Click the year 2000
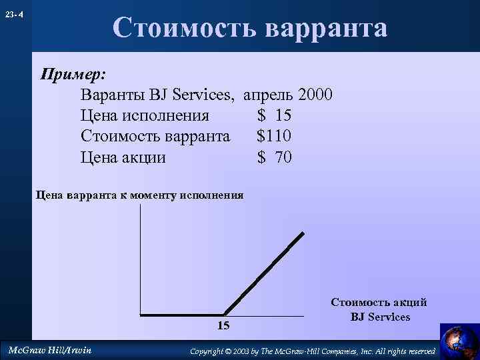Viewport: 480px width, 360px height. click(315, 95)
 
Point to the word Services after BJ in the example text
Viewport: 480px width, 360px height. click(204, 95)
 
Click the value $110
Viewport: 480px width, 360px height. click(274, 137)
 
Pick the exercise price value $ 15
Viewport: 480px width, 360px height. click(274, 116)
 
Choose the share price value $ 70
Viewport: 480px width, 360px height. click(274, 158)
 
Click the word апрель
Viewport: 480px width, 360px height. click(270, 95)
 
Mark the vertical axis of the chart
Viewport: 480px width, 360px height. click(141, 260)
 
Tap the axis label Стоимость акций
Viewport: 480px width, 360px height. click(379, 303)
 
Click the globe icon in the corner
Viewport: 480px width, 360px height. click(459, 339)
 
